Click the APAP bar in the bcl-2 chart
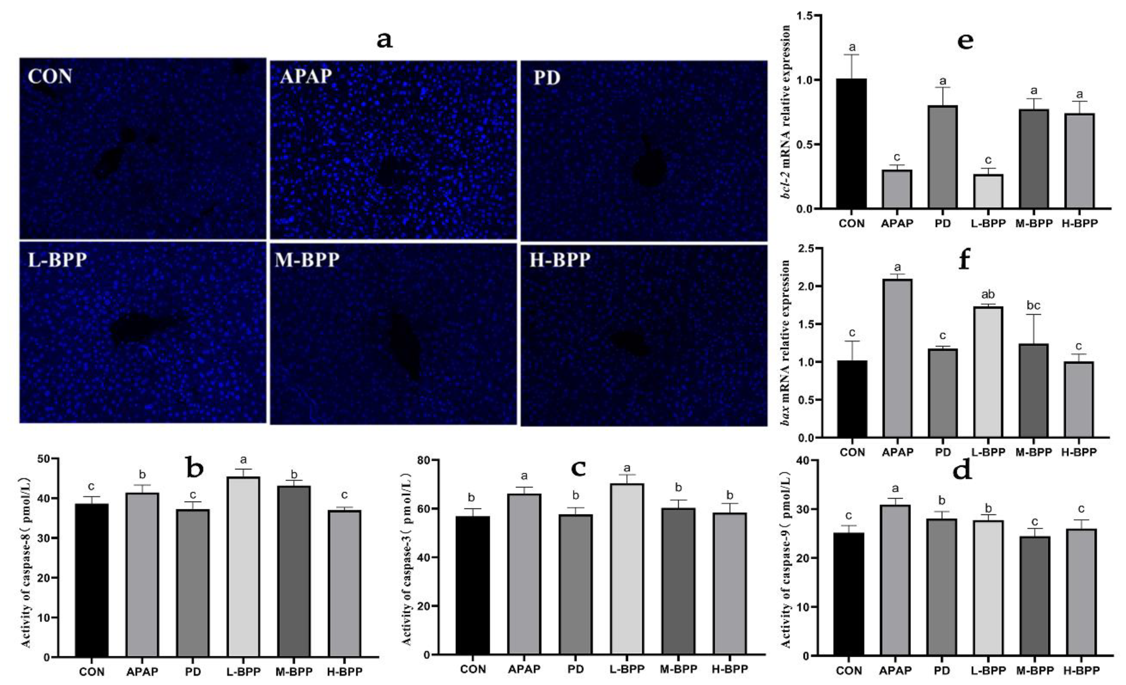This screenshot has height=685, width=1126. pos(897,189)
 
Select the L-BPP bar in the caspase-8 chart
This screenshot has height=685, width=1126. pos(243,567)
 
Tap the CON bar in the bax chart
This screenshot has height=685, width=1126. pos(852,399)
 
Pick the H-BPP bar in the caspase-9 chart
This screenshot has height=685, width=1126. pos(1082,593)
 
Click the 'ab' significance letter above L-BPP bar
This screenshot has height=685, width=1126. pos(988,294)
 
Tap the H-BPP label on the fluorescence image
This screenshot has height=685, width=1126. pos(560,260)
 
